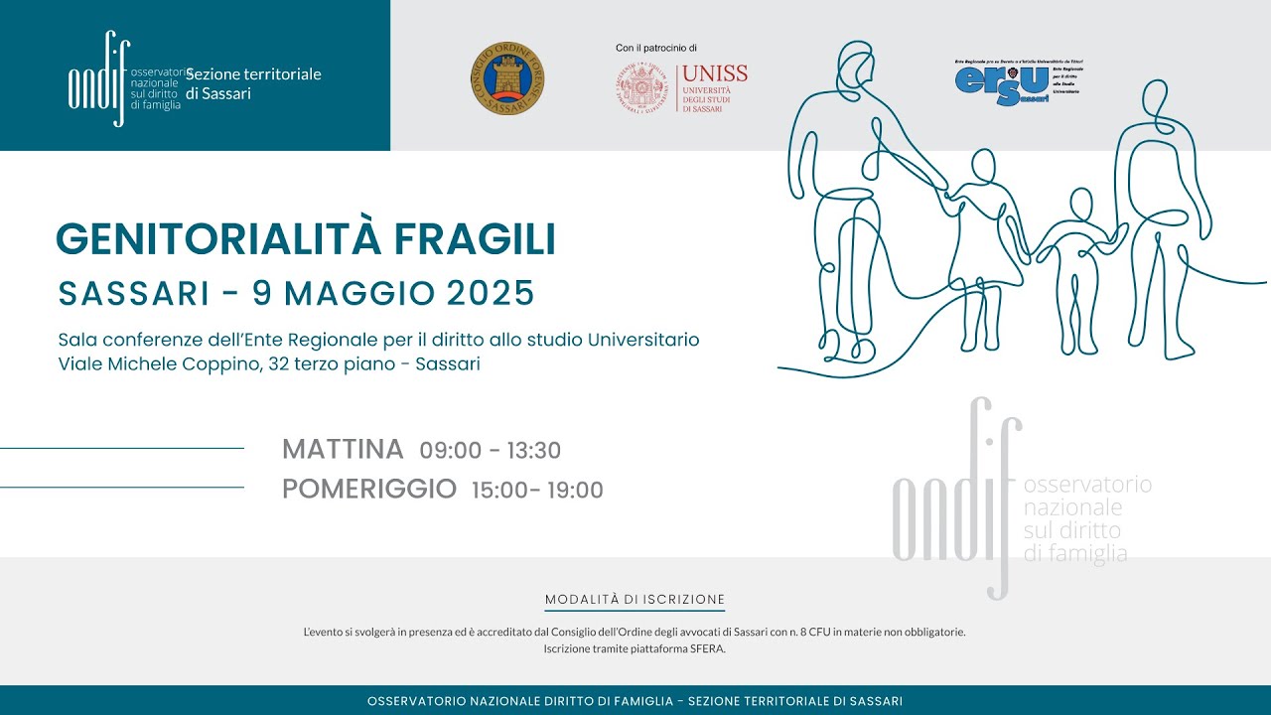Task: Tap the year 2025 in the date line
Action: pyautogui.click(x=491, y=293)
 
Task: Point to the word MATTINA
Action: pyautogui.click(x=343, y=450)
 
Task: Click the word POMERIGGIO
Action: pyautogui.click(x=369, y=489)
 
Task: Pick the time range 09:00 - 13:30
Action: pyautogui.click(x=491, y=451)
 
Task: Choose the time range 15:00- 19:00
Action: pyautogui.click(x=537, y=490)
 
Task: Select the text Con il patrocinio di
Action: pyautogui.click(x=656, y=48)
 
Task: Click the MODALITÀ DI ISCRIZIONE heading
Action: pyautogui.click(x=635, y=600)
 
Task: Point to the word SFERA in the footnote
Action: pyautogui.click(x=708, y=648)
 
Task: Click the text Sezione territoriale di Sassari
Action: pyautogui.click(x=253, y=83)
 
